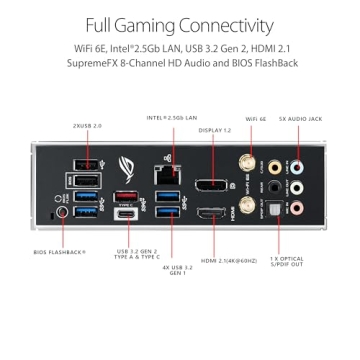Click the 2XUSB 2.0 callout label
(x=87, y=127)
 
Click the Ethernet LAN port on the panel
(x=167, y=172)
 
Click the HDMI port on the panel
(x=211, y=213)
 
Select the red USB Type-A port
(x=128, y=195)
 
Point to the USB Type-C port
(x=128, y=213)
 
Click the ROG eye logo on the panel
(x=127, y=166)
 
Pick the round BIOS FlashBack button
(x=64, y=211)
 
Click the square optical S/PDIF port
(x=270, y=208)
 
